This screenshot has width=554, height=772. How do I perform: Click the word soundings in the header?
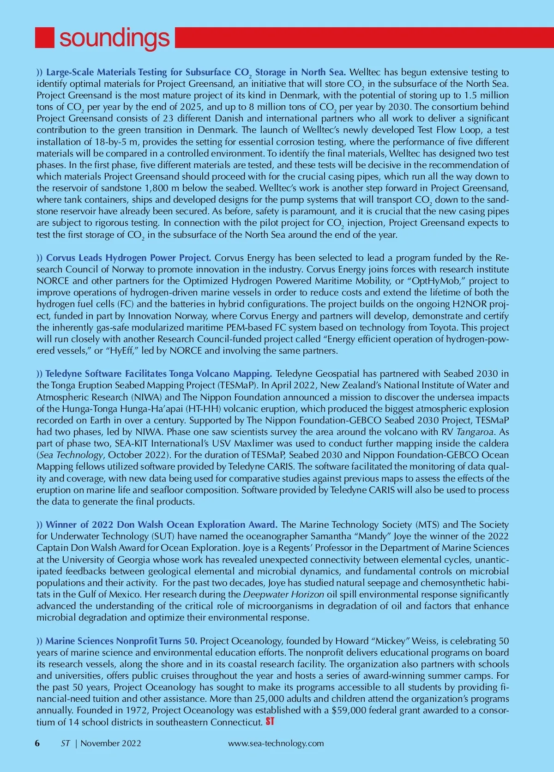[x=114, y=38]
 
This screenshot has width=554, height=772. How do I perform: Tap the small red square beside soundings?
[x=45, y=37]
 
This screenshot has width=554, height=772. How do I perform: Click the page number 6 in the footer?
[x=37, y=743]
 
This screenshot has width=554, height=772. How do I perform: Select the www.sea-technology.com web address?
[x=276, y=743]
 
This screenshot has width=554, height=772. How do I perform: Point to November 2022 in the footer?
[x=111, y=743]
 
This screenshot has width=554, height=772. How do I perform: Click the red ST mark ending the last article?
[x=270, y=721]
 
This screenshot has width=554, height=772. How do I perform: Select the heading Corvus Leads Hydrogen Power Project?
[x=128, y=258]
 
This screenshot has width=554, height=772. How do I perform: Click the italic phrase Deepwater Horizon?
[x=283, y=594]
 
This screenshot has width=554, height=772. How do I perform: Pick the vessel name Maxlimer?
[x=268, y=443]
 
